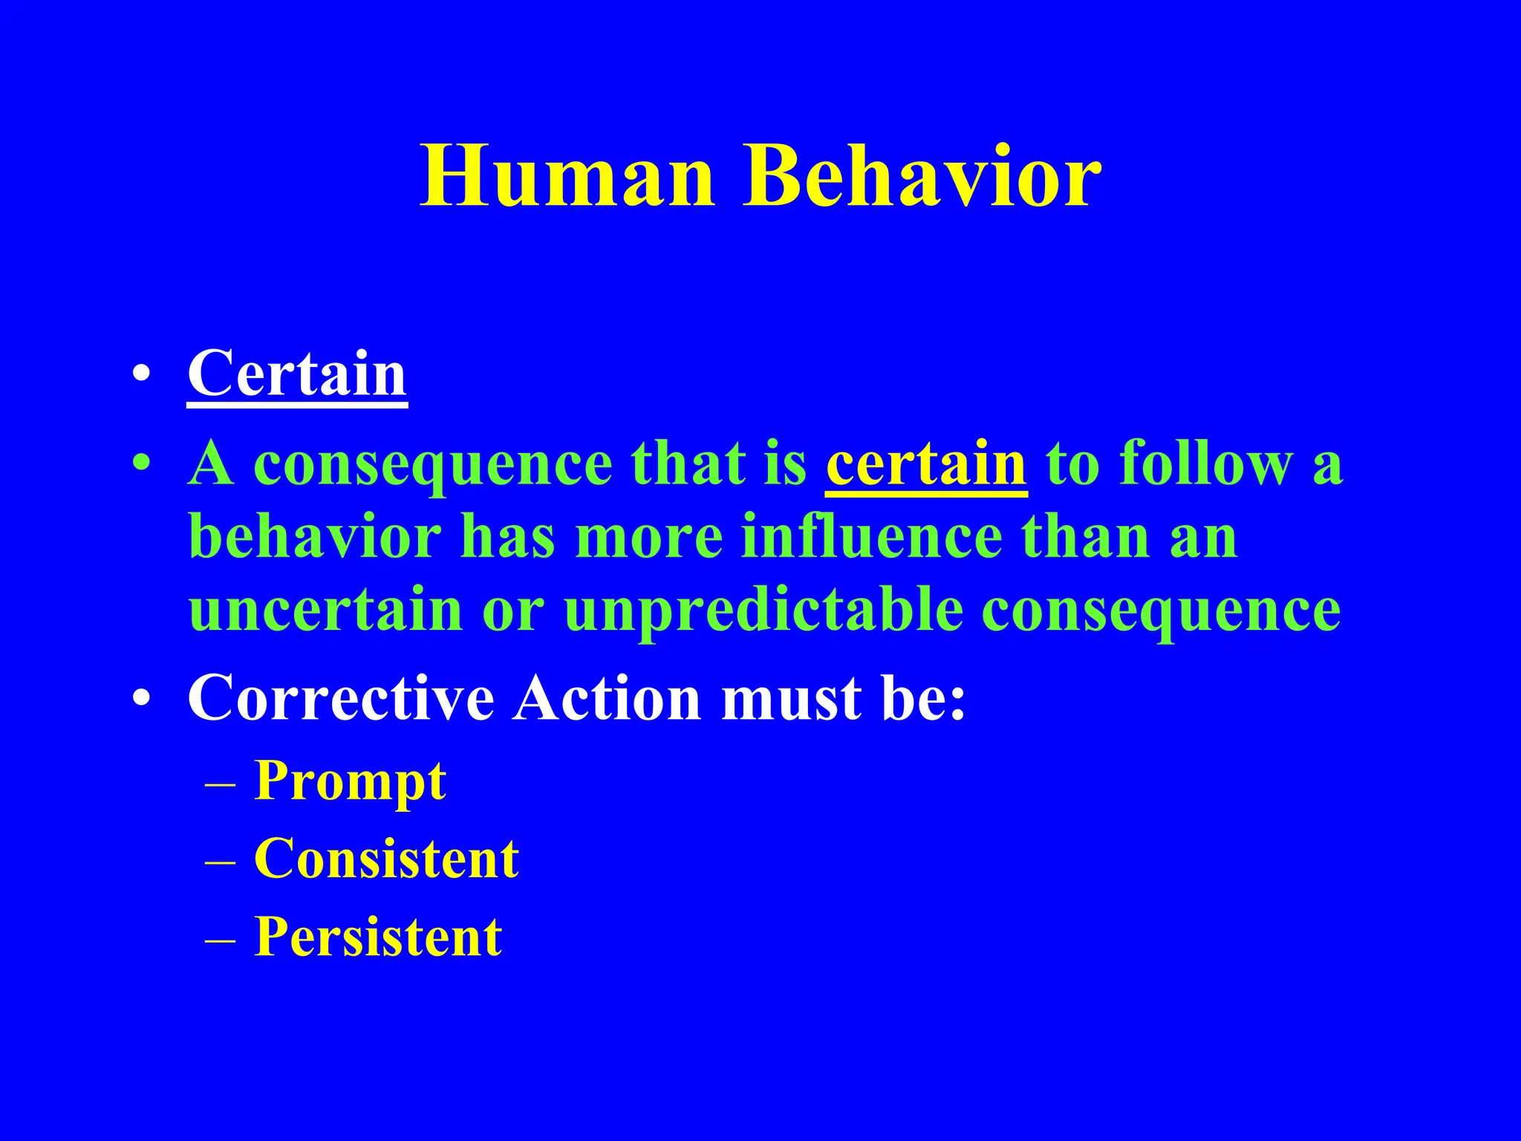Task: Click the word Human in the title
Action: click(568, 177)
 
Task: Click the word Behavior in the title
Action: click(923, 177)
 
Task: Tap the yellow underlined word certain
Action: click(926, 464)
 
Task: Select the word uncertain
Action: click(326, 609)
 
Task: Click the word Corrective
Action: click(341, 698)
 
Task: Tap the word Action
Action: click(608, 698)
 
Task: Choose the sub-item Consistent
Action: click(386, 859)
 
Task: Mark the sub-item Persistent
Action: click(378, 937)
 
